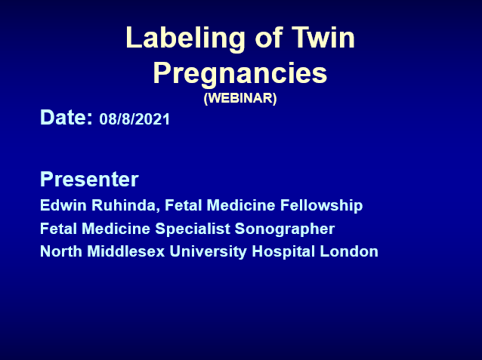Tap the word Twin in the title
click(x=323, y=37)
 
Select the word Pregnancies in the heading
click(x=240, y=73)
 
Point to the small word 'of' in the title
click(x=268, y=37)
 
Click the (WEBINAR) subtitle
click(x=240, y=98)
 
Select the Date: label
click(x=66, y=117)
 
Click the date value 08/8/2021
click(x=134, y=119)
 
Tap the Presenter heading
click(x=89, y=179)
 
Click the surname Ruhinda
click(x=125, y=205)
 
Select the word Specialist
click(x=193, y=229)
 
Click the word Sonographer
click(x=285, y=229)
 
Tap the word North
click(x=61, y=251)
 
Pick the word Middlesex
click(x=126, y=251)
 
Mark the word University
click(x=208, y=252)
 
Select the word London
click(x=349, y=251)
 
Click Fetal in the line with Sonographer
click(x=58, y=229)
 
